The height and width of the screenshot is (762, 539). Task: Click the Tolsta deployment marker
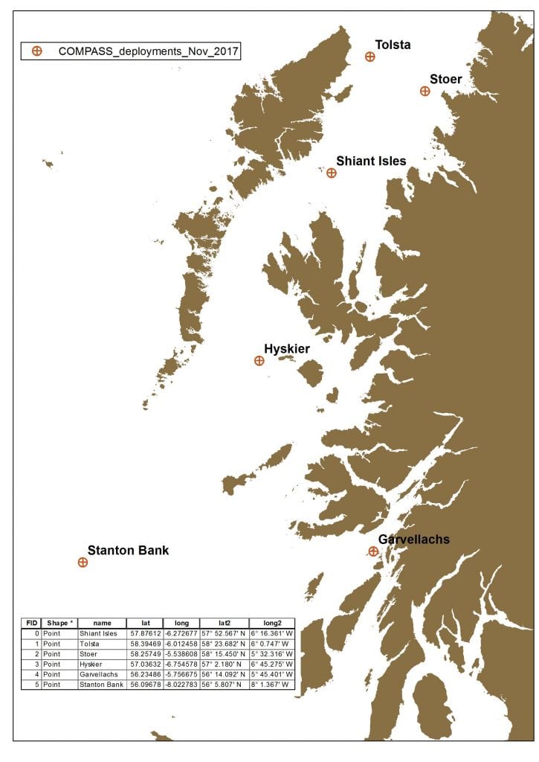tap(369, 57)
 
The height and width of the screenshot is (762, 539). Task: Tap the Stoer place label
tap(446, 79)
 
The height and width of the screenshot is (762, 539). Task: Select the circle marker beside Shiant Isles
tap(332, 173)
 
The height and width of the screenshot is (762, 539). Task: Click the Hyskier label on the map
tap(287, 349)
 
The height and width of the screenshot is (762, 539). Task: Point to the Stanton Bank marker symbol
tap(83, 563)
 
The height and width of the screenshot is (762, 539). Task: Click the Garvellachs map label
tap(414, 540)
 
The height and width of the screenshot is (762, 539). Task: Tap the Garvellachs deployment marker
tap(373, 551)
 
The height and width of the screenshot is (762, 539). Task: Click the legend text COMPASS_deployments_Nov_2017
tap(149, 51)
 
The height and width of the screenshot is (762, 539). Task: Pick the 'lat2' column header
tap(224, 623)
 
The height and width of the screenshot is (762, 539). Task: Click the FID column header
tap(32, 623)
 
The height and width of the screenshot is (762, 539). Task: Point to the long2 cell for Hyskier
tap(272, 664)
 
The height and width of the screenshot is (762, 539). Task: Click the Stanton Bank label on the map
tap(128, 551)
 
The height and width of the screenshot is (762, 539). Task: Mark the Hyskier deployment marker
tap(259, 361)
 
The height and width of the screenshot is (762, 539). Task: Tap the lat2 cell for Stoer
tap(224, 653)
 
